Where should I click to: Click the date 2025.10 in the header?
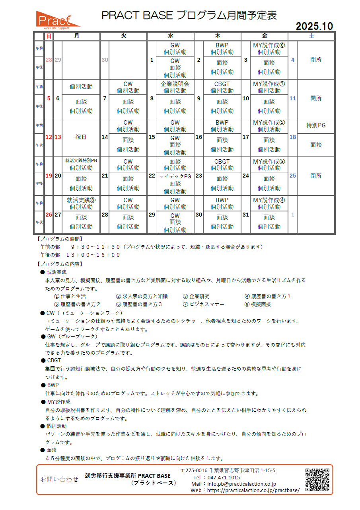[x=314, y=26]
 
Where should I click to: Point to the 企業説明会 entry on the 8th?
[x=175, y=84]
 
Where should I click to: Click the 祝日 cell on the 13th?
[x=81, y=137]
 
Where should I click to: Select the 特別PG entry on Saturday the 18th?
[x=316, y=125]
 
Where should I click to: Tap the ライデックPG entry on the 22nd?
[x=175, y=176]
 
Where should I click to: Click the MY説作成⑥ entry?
[x=269, y=45]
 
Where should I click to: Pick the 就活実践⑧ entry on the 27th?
[x=81, y=200]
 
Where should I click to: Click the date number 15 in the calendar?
[x=152, y=137]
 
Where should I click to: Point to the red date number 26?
[x=49, y=215]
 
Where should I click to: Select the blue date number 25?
[x=292, y=176]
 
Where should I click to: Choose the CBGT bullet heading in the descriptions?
[x=54, y=360]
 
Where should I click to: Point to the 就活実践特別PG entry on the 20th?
[x=81, y=160]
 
